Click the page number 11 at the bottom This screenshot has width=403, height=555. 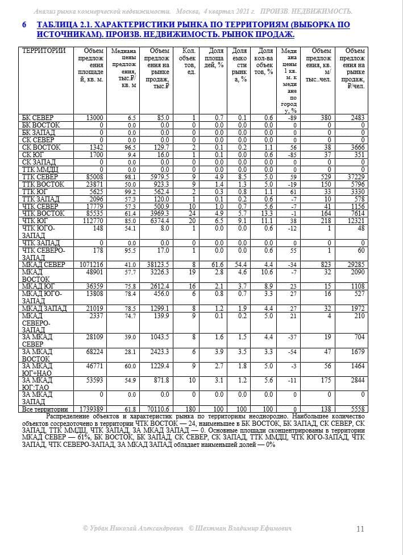(x=360, y=529)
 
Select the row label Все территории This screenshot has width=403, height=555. (x=45, y=409)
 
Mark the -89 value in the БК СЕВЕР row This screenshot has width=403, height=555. (x=293, y=118)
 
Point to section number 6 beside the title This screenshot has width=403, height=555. (x=24, y=25)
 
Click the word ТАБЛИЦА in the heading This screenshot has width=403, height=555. (x=59, y=25)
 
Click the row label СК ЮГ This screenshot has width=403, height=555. (x=32, y=155)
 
